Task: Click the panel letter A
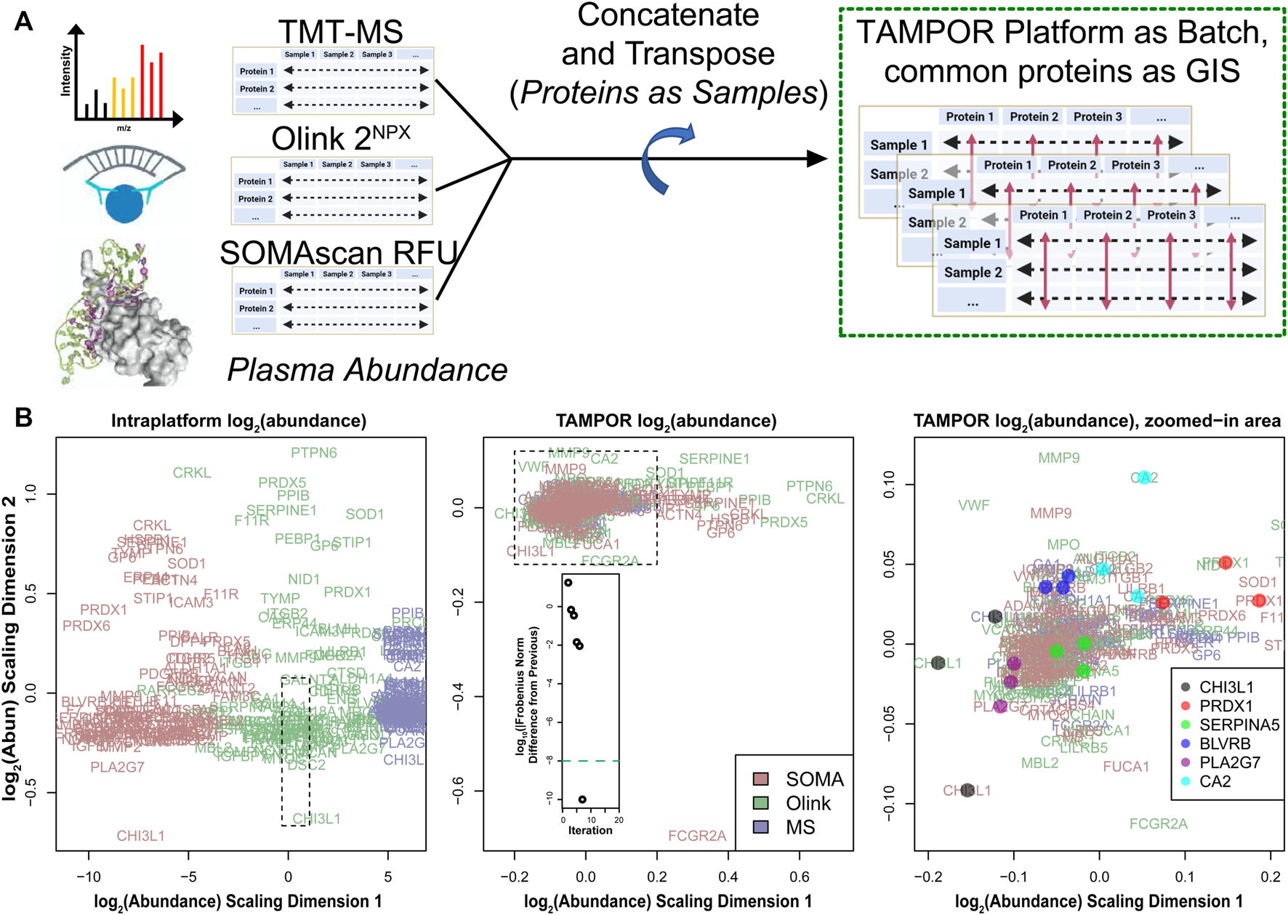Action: click(24, 21)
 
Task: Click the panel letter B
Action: click(24, 418)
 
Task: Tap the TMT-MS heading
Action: click(340, 31)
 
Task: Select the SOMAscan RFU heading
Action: click(338, 252)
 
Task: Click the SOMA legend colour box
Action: click(760, 779)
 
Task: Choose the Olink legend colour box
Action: click(760, 803)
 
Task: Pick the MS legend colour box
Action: click(760, 827)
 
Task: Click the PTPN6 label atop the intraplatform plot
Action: click(314, 453)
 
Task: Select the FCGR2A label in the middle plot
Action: click(697, 836)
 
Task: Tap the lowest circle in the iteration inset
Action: click(582, 799)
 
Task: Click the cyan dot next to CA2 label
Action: click(1145, 477)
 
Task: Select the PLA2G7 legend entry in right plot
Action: click(1229, 762)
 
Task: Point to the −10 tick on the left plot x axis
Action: click(88, 877)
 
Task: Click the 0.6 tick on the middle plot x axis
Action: click(800, 877)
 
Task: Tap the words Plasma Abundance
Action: click(367, 370)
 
